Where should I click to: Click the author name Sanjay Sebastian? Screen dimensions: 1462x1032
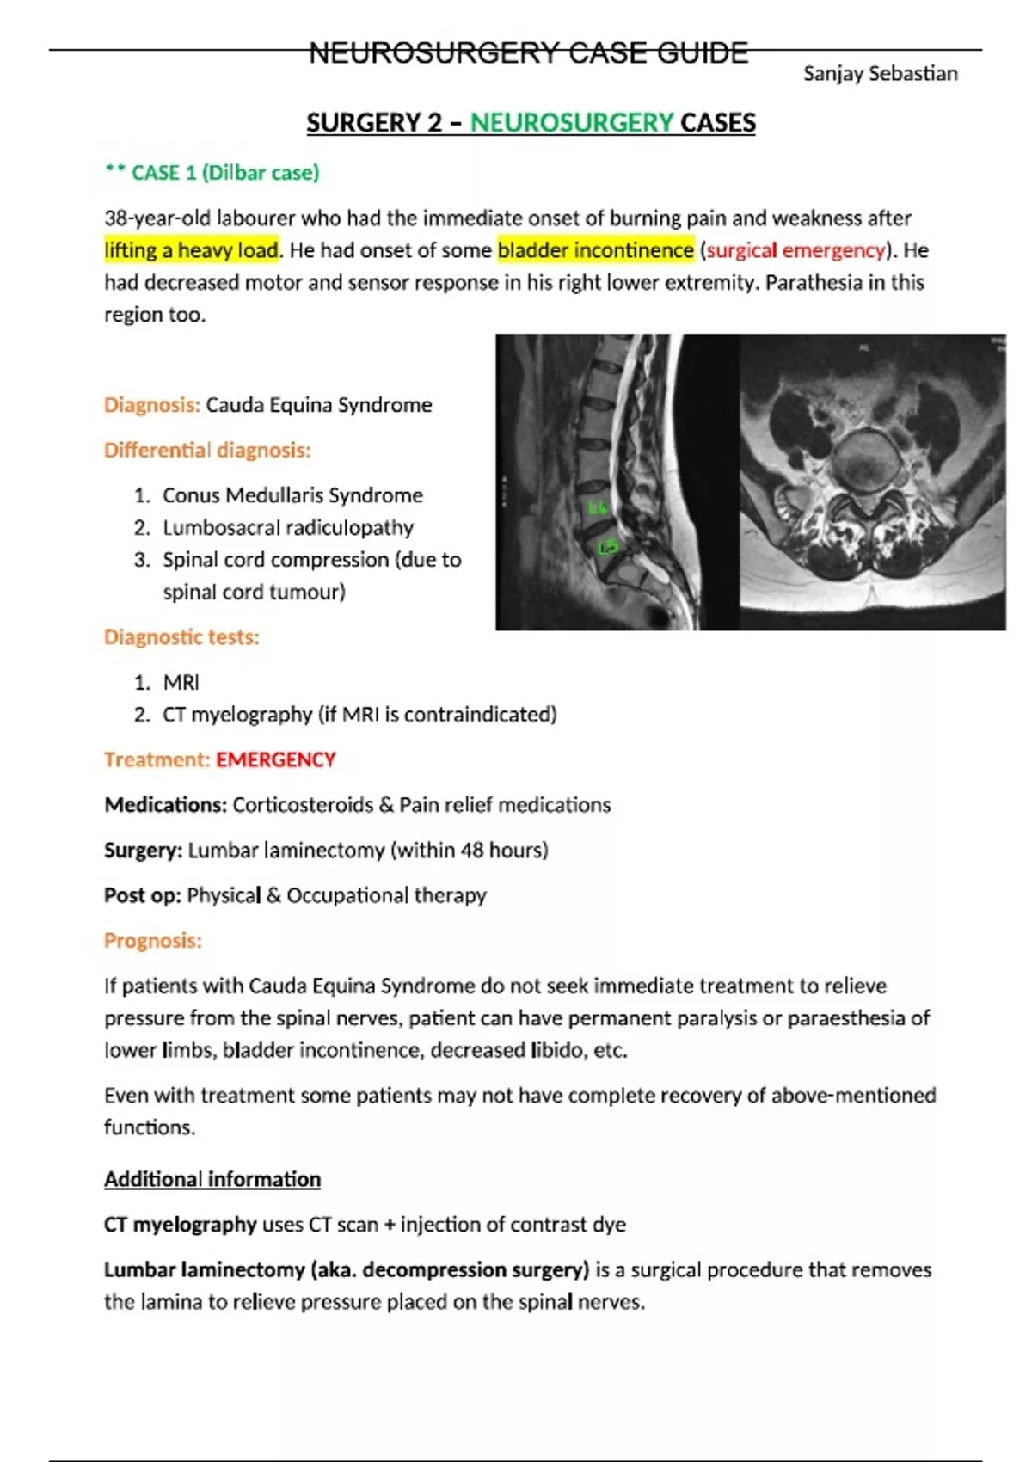(x=880, y=74)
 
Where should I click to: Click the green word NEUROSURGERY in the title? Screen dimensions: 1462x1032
(x=571, y=123)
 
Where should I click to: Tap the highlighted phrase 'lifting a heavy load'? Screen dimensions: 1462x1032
(x=192, y=250)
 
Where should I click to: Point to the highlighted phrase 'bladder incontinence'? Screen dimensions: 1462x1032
(x=595, y=250)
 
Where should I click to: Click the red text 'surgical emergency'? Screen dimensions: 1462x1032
(x=795, y=250)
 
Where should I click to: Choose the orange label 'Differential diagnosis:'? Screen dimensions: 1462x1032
(x=207, y=450)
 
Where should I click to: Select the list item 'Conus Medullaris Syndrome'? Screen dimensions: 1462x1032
(x=292, y=495)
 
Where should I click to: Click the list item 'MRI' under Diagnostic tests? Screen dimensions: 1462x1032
(x=181, y=682)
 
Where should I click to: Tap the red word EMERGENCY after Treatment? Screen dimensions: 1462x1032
(x=275, y=759)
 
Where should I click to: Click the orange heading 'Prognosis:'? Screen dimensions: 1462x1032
(x=153, y=941)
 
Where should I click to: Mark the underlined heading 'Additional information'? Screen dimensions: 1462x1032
(x=212, y=1179)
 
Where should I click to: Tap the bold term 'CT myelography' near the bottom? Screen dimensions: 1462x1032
(x=181, y=1225)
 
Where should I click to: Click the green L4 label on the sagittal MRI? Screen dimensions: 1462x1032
(x=597, y=507)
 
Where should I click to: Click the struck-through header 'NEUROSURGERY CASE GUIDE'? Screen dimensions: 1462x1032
(x=528, y=53)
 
